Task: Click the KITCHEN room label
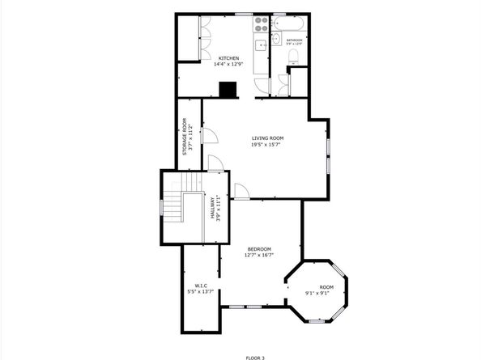click(x=229, y=57)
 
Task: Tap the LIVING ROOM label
click(x=266, y=138)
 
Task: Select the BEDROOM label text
click(x=259, y=248)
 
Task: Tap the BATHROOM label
click(x=294, y=40)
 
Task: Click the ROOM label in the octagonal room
click(x=325, y=287)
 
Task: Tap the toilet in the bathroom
click(x=295, y=55)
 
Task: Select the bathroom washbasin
click(x=276, y=38)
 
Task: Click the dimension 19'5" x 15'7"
click(x=266, y=146)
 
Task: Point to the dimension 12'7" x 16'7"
click(x=259, y=255)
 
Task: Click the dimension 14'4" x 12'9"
click(x=229, y=65)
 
